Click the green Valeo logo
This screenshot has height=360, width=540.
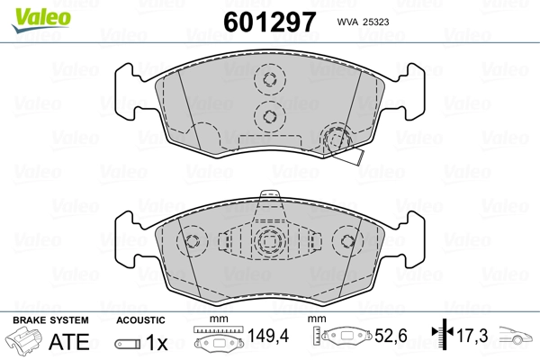(x=41, y=20)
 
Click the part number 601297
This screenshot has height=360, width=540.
(x=270, y=22)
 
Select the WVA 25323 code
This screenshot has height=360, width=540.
(x=363, y=22)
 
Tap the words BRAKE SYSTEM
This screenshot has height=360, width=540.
(x=50, y=320)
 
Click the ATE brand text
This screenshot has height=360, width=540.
(x=69, y=341)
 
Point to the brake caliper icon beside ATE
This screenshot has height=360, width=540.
(x=24, y=341)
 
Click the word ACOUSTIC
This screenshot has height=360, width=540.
(x=140, y=320)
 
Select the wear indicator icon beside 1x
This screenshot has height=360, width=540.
(x=128, y=344)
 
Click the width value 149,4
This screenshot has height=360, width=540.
(x=268, y=336)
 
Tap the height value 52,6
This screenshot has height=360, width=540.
(x=391, y=336)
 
